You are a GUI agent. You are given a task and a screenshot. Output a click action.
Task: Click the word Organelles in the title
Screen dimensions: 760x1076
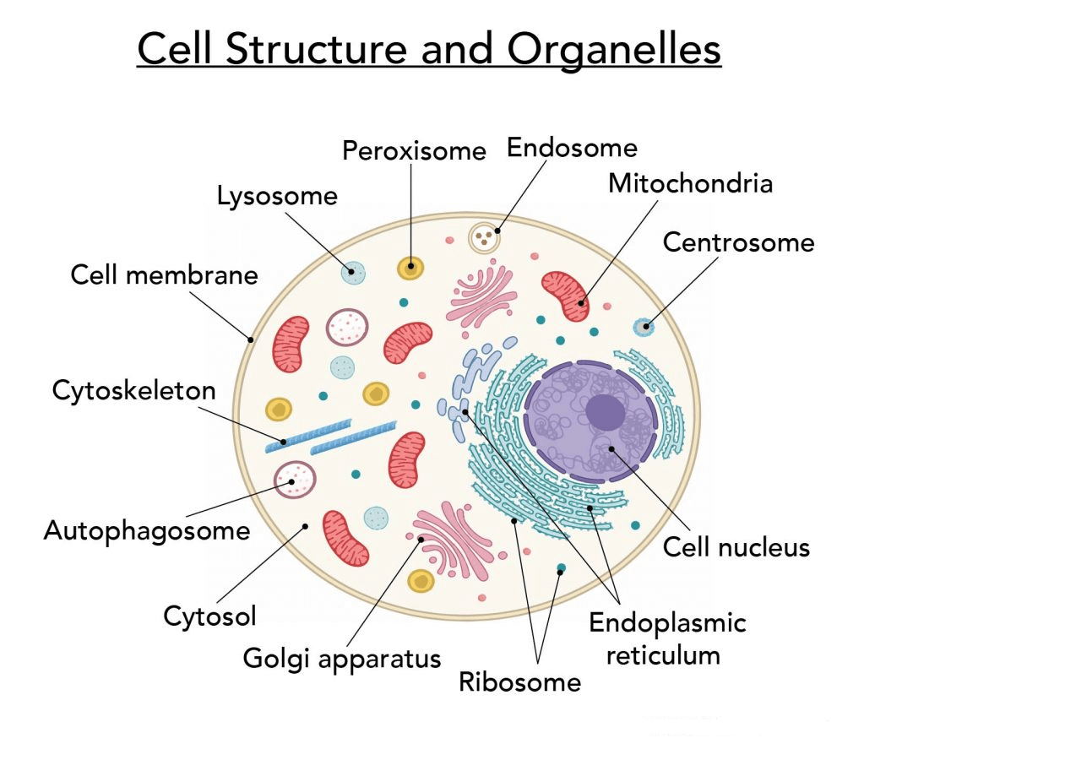(x=614, y=49)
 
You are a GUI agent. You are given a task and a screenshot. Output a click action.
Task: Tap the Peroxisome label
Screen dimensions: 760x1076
(x=414, y=151)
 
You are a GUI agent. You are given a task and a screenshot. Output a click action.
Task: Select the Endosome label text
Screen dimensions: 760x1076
(x=571, y=148)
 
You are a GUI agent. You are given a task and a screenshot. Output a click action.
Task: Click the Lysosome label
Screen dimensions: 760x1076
(x=277, y=196)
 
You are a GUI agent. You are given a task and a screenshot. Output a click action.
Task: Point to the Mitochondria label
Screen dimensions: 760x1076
(x=690, y=183)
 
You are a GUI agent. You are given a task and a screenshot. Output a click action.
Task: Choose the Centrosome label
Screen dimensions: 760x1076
(x=738, y=242)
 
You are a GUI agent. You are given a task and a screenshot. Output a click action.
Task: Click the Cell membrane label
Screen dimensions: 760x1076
(x=164, y=274)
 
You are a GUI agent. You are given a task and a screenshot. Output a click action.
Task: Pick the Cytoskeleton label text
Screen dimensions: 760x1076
(x=133, y=390)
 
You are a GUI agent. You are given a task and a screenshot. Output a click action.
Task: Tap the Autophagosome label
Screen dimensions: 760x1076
(x=147, y=530)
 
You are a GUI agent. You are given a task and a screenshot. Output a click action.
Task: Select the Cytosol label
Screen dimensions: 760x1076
(x=209, y=616)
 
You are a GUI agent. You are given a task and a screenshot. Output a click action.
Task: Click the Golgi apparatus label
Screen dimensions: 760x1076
(x=342, y=658)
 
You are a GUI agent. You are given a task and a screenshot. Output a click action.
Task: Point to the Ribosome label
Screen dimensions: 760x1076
(x=519, y=682)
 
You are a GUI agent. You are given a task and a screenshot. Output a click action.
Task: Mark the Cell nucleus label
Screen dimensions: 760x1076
(x=736, y=547)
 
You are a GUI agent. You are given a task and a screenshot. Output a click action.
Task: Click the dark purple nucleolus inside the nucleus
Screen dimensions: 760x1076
(x=606, y=411)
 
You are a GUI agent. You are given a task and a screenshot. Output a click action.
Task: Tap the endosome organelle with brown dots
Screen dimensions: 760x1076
(x=484, y=236)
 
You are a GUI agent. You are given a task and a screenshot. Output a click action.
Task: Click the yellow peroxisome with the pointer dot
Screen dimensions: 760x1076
(x=410, y=268)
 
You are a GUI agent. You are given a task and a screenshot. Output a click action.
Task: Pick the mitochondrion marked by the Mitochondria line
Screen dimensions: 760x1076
(x=564, y=296)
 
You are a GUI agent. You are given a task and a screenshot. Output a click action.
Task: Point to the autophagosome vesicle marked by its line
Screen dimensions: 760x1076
(x=295, y=480)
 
